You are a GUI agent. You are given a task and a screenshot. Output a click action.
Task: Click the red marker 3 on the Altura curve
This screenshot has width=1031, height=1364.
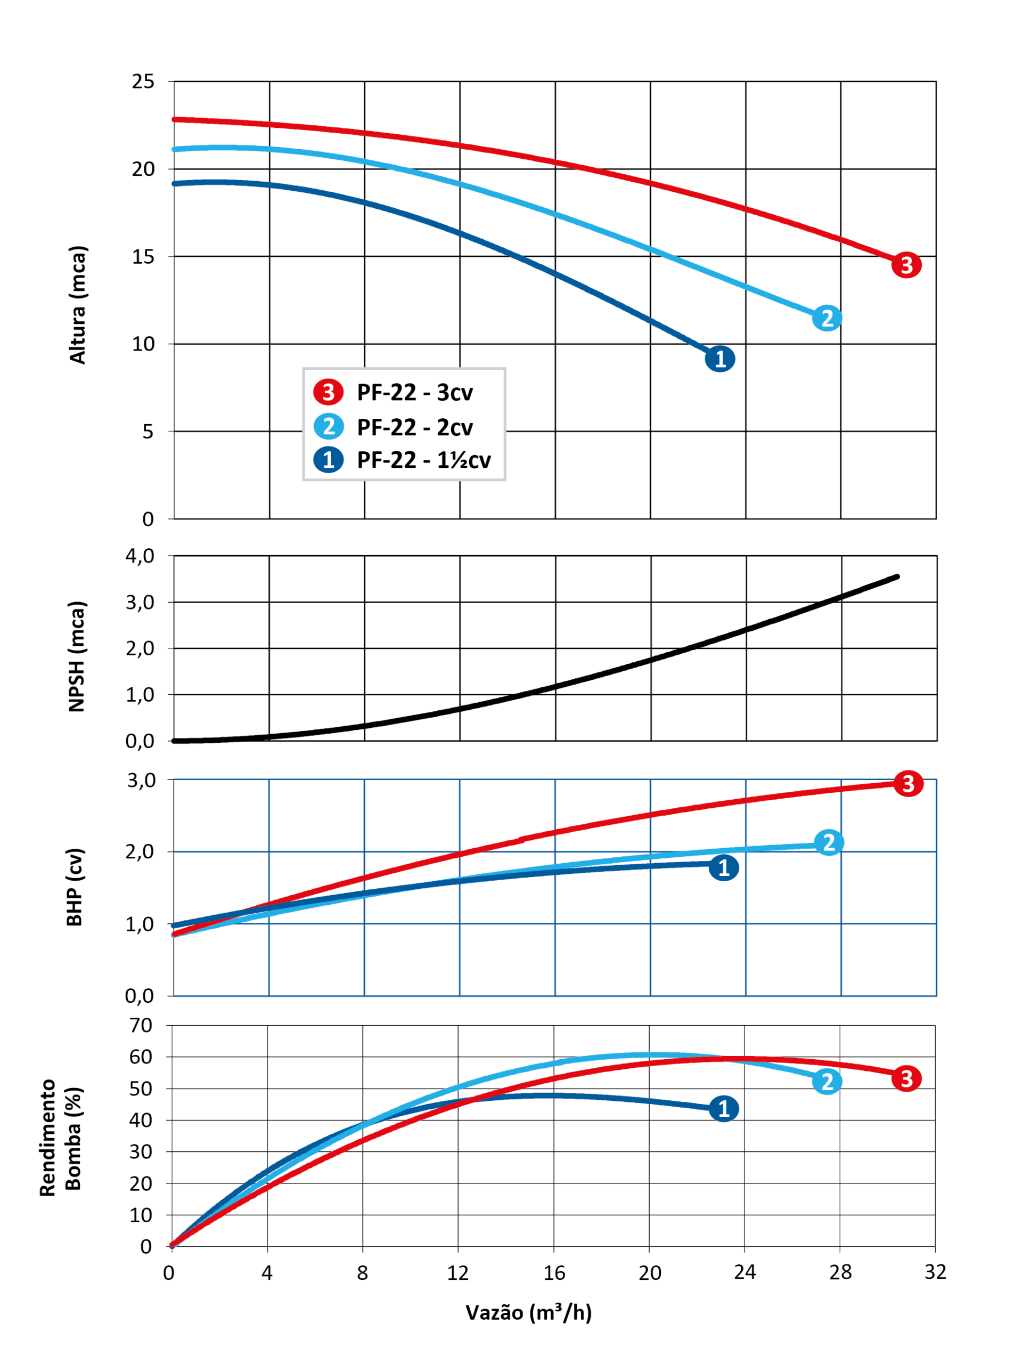point(906,265)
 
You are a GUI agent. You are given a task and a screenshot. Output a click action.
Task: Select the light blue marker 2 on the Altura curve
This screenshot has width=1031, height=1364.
point(827,318)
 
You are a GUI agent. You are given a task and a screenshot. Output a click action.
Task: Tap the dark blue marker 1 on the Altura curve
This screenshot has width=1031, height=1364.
point(720,359)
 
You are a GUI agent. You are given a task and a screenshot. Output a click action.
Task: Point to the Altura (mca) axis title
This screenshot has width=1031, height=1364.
point(78,305)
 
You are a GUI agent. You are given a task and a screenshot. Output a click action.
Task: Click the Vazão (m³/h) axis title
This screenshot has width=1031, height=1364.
point(528,1312)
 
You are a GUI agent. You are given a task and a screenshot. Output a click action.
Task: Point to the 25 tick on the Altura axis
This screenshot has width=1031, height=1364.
point(143,82)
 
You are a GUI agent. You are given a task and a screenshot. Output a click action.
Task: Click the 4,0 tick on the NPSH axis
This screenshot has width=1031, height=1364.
point(140,556)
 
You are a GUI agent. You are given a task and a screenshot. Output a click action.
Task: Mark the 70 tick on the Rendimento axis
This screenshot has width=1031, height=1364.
point(141,1026)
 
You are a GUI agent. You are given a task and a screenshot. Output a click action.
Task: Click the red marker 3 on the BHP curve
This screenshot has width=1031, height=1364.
point(908,784)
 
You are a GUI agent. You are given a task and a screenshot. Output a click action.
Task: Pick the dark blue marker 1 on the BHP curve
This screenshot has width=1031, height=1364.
point(724,867)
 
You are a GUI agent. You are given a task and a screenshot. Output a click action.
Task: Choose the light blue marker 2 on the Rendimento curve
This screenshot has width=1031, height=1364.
point(827,1082)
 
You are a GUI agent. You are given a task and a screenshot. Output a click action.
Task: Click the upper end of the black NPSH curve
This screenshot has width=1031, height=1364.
point(897,577)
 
